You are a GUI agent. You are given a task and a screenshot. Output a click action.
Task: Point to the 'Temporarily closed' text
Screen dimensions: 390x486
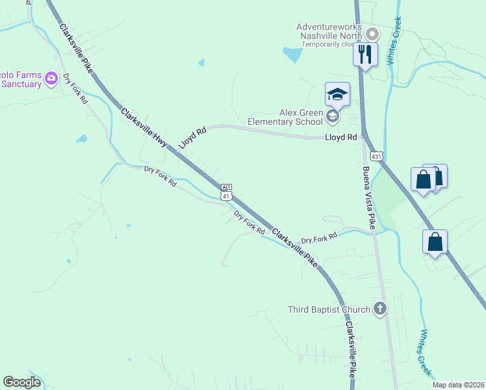click(x=325, y=45)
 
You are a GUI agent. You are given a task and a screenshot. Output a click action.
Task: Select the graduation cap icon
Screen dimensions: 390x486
click(x=337, y=94)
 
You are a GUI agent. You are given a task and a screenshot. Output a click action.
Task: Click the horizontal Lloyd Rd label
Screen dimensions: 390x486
click(x=341, y=138)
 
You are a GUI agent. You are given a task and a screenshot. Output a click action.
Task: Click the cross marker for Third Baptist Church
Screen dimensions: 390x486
click(x=380, y=309)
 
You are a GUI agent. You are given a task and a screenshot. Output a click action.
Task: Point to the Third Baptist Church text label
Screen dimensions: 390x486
click(x=329, y=309)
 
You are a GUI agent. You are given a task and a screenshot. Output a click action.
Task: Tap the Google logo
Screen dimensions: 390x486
click(x=21, y=382)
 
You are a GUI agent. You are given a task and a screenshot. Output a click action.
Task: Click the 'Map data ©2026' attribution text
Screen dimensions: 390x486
click(x=459, y=385)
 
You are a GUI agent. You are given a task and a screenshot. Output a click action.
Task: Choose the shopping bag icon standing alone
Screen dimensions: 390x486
click(x=435, y=242)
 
